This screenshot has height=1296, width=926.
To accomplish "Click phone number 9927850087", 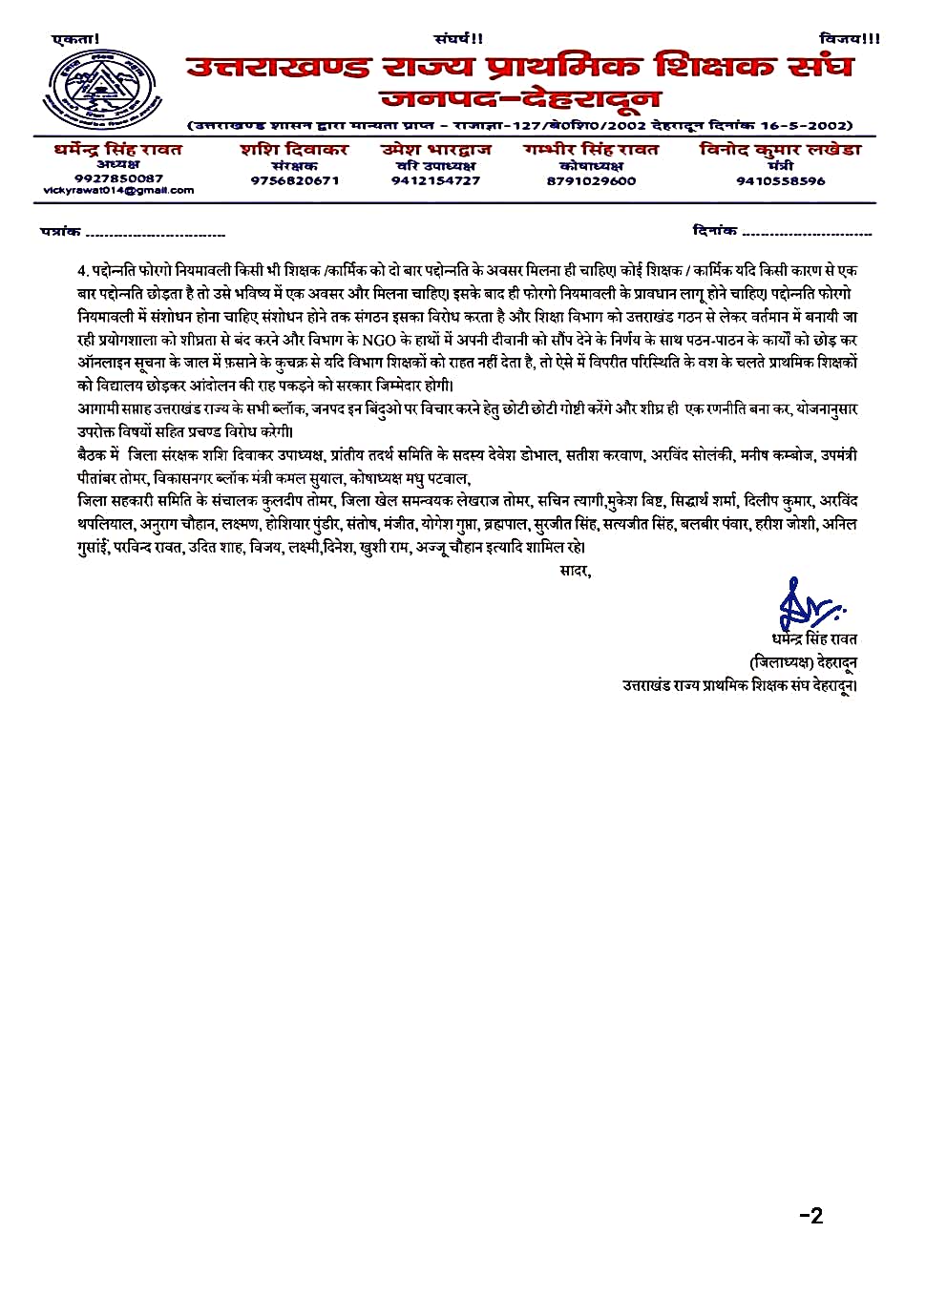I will point(118,178).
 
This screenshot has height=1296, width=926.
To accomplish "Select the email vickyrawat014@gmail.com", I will point(118,191).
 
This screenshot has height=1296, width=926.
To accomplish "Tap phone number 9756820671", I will point(294,180).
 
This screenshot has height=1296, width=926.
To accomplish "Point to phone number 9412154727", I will point(435,180).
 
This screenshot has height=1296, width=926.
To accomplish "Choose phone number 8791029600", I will point(591,180).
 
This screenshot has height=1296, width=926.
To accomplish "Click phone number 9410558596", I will point(780,180).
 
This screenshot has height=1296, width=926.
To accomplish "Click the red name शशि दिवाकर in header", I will point(294,150).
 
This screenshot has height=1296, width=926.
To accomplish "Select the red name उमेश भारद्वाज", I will point(435,150).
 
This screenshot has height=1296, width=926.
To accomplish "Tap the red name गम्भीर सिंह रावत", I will point(591,150).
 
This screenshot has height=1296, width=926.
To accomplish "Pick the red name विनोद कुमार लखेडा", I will point(780,150).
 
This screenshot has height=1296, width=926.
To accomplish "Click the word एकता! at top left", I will point(75,39).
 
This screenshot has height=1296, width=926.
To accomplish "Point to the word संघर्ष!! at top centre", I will point(458,39).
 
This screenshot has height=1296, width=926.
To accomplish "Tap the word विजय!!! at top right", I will point(849,39).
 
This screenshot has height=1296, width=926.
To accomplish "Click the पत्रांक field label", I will point(60,232).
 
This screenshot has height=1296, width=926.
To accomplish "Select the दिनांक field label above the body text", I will point(714,230).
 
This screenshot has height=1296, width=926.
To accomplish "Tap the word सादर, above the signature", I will point(575,571).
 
